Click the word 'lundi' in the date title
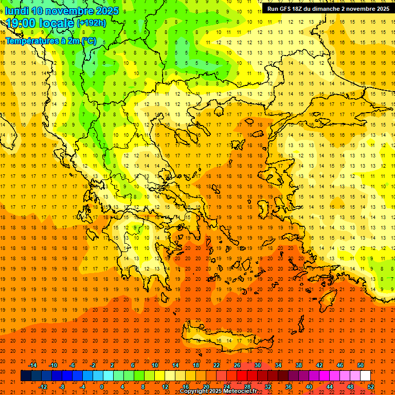coord(16,11)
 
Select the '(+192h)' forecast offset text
coord(91,23)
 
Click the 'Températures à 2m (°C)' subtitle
coord(50,41)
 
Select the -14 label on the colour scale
coord(33,365)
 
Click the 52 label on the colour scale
coord(371,387)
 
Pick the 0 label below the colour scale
coord(102,387)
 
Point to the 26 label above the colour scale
coord(237,365)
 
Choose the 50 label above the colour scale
coord(361,365)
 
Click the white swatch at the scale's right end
coord(365,376)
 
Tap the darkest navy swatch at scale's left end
coord(26,376)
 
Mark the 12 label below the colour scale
coord(165,387)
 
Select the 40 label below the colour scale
coord(309,387)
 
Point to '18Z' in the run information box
coord(300,9)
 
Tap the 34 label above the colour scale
coord(278,365)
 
